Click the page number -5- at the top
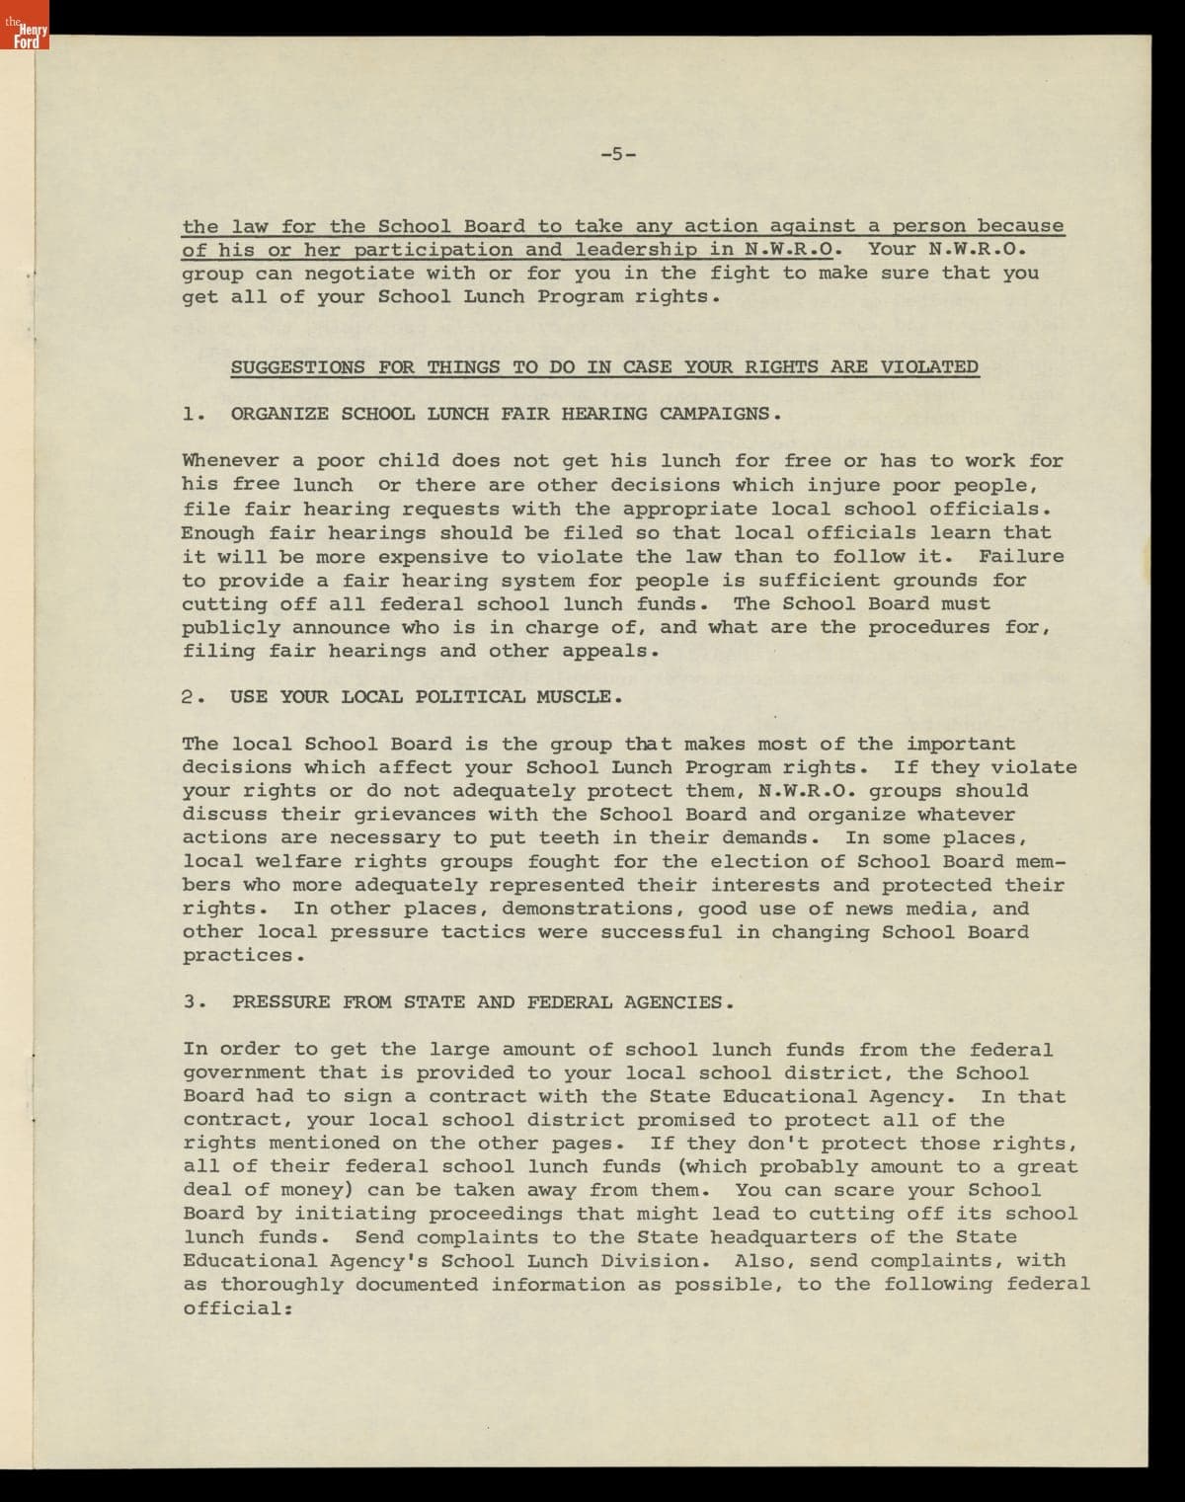click(x=618, y=154)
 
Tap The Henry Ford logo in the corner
click(x=24, y=36)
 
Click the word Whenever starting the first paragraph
click(x=230, y=461)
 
